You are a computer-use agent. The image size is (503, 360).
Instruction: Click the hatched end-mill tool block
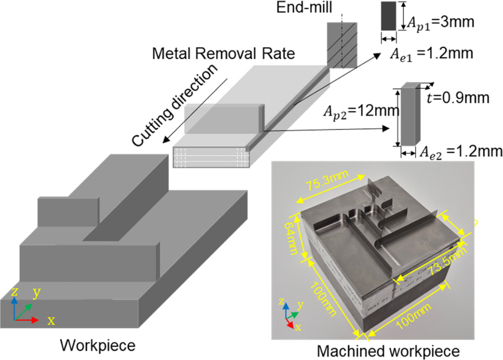coord(337,45)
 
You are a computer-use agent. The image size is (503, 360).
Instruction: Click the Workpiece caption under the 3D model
coord(97,345)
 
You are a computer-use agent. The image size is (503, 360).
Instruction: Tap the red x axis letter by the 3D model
coord(51,321)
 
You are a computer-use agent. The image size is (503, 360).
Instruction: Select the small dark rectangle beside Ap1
coord(389,16)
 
